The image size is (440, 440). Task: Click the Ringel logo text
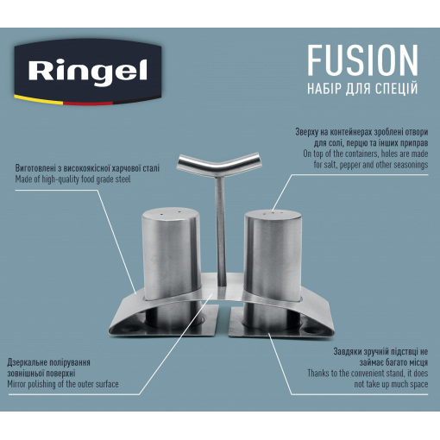pos(88,71)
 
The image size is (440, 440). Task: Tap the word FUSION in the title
pos(362,60)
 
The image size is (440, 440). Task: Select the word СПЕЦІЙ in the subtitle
pos(397,89)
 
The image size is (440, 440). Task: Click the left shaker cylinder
pos(171,253)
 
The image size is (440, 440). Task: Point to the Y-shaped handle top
pos(218,164)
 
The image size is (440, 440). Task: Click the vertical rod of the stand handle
pos(221,231)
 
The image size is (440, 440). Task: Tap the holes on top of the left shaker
pos(171,213)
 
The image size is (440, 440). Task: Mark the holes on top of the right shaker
pos(272,213)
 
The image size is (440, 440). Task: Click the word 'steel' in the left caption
pos(123,179)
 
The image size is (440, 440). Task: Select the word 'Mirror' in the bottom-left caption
pos(16,384)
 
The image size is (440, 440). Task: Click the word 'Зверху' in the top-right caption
pos(307,132)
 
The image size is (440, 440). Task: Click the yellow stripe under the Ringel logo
pos(38,98)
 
